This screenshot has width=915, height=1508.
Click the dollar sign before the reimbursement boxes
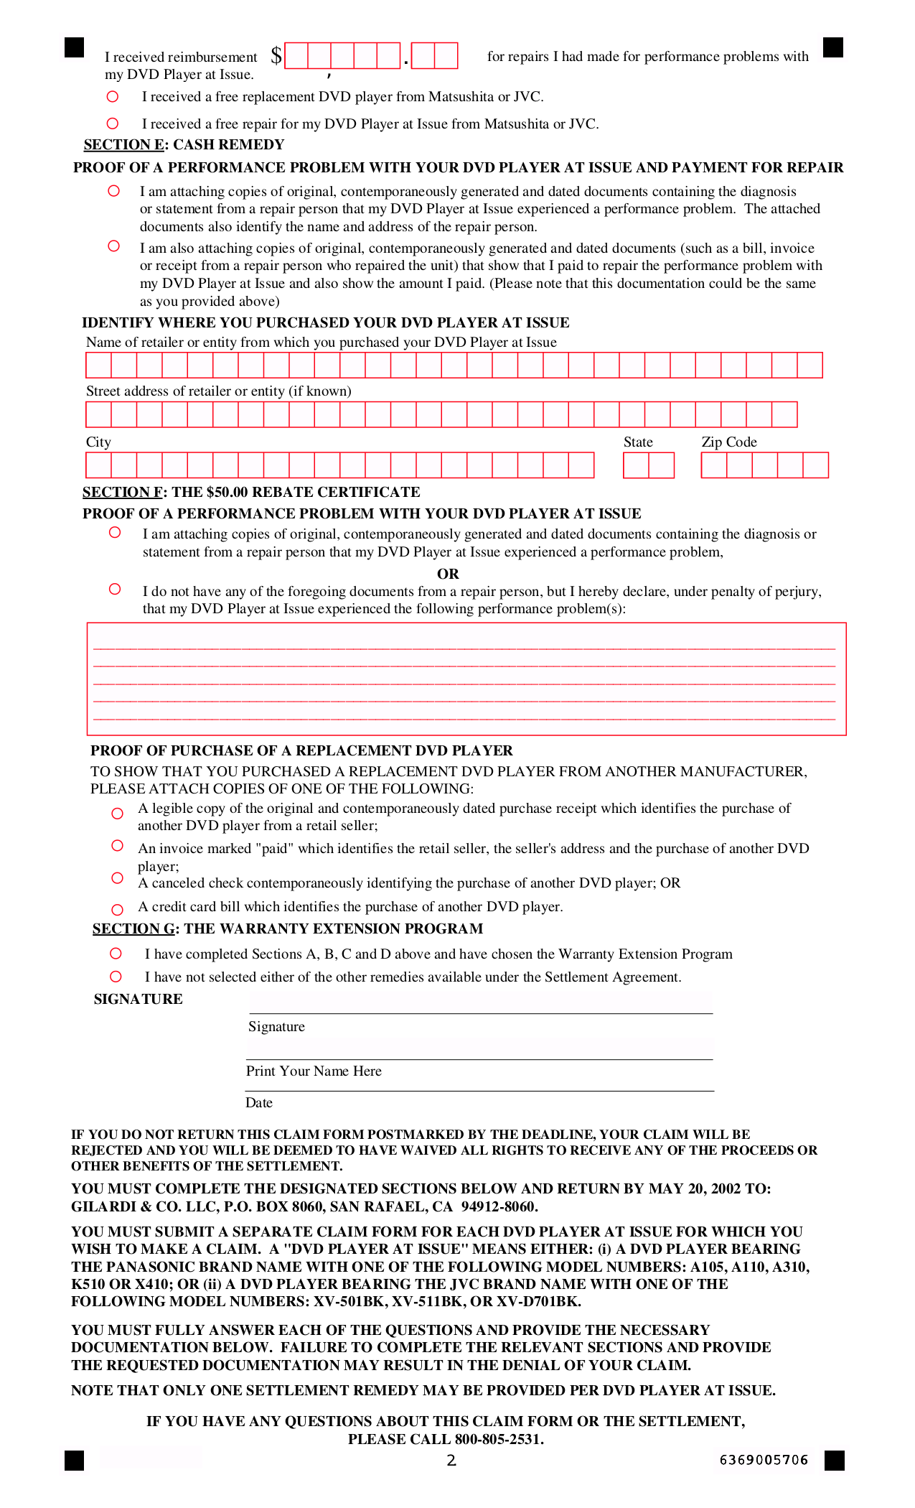276,55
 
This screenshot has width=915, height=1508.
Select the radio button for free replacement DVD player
113,96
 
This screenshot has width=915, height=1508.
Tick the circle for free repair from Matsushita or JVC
113,124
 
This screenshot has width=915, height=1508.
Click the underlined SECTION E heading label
123,144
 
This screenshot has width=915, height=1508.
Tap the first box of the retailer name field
98,365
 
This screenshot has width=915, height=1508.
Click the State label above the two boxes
638,442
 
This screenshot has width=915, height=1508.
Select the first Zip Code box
714,465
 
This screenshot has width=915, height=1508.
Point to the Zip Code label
729,442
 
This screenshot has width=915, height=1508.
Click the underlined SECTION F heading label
123,492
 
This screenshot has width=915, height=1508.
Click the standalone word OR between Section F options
448,574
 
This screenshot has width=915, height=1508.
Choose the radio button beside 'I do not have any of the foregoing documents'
115,589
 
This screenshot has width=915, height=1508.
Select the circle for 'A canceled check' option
118,878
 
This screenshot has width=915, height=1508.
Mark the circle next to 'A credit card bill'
118,909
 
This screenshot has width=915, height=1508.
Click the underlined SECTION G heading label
133,928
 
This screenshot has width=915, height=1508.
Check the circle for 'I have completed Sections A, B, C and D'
116,953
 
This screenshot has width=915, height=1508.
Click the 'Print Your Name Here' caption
314,1071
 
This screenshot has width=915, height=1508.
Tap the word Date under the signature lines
259,1102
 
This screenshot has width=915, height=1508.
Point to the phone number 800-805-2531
498,1439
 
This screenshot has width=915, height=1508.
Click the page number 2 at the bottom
451,1460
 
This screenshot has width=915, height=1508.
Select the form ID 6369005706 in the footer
764,1460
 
